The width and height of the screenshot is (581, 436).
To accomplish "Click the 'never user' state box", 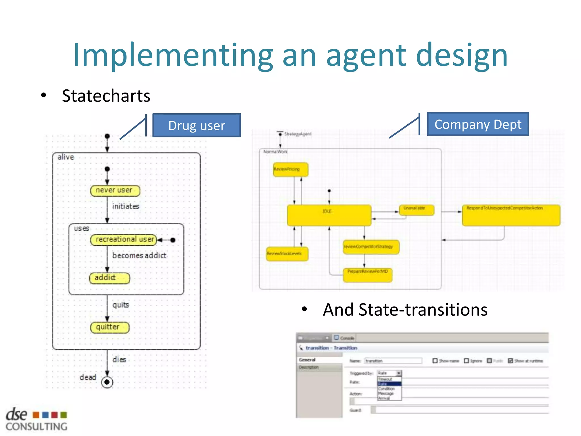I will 115,190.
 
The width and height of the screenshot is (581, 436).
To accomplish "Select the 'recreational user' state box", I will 124,240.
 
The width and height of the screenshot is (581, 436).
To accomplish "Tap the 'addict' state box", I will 110,278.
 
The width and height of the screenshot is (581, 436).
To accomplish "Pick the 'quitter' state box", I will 110,327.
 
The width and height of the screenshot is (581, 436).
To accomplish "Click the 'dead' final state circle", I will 107,382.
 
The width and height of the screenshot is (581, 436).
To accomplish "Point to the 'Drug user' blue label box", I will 197,125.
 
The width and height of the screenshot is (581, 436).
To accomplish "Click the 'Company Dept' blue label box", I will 478,124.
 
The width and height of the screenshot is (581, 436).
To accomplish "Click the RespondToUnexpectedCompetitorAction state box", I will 511,215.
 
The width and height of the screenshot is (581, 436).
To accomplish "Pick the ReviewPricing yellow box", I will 290,169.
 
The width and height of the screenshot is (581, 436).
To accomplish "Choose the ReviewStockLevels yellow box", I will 287,254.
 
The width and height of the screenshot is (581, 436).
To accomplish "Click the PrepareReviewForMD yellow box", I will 367,275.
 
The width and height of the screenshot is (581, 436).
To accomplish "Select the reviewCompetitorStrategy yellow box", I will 371,247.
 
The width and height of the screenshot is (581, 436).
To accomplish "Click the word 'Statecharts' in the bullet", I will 106,96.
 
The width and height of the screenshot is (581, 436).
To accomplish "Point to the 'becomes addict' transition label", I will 139,255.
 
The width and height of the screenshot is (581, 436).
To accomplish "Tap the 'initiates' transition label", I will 125,206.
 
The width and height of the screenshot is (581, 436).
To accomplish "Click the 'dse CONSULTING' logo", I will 36,420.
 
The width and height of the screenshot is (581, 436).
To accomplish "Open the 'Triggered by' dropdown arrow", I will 399,373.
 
